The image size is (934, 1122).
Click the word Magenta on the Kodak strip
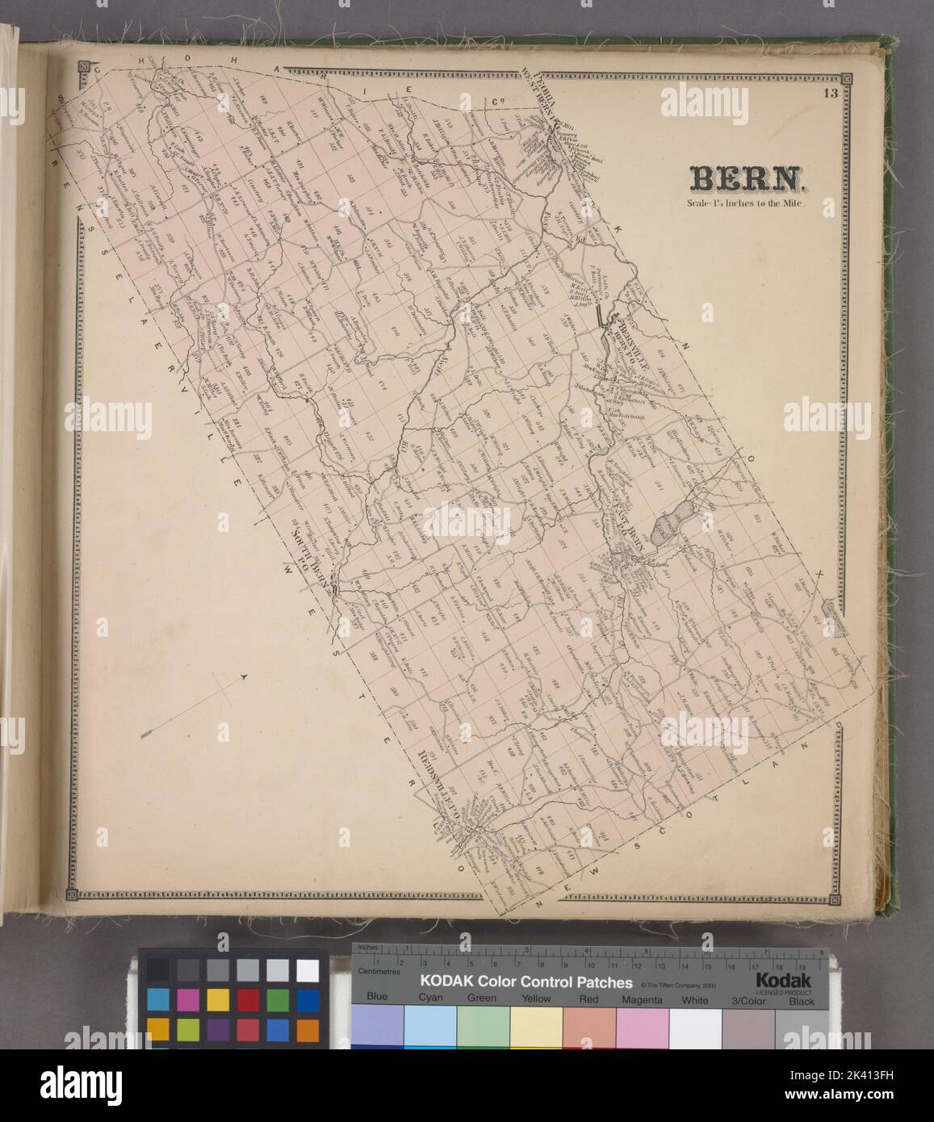coord(642,998)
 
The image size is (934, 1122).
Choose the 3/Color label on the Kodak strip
coord(748,998)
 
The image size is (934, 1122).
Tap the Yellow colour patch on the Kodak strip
coord(535,1025)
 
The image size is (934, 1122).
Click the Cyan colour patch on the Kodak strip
coord(429,1025)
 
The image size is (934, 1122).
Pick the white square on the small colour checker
coord(308,969)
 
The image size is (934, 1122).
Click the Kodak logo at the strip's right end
coord(788,979)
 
